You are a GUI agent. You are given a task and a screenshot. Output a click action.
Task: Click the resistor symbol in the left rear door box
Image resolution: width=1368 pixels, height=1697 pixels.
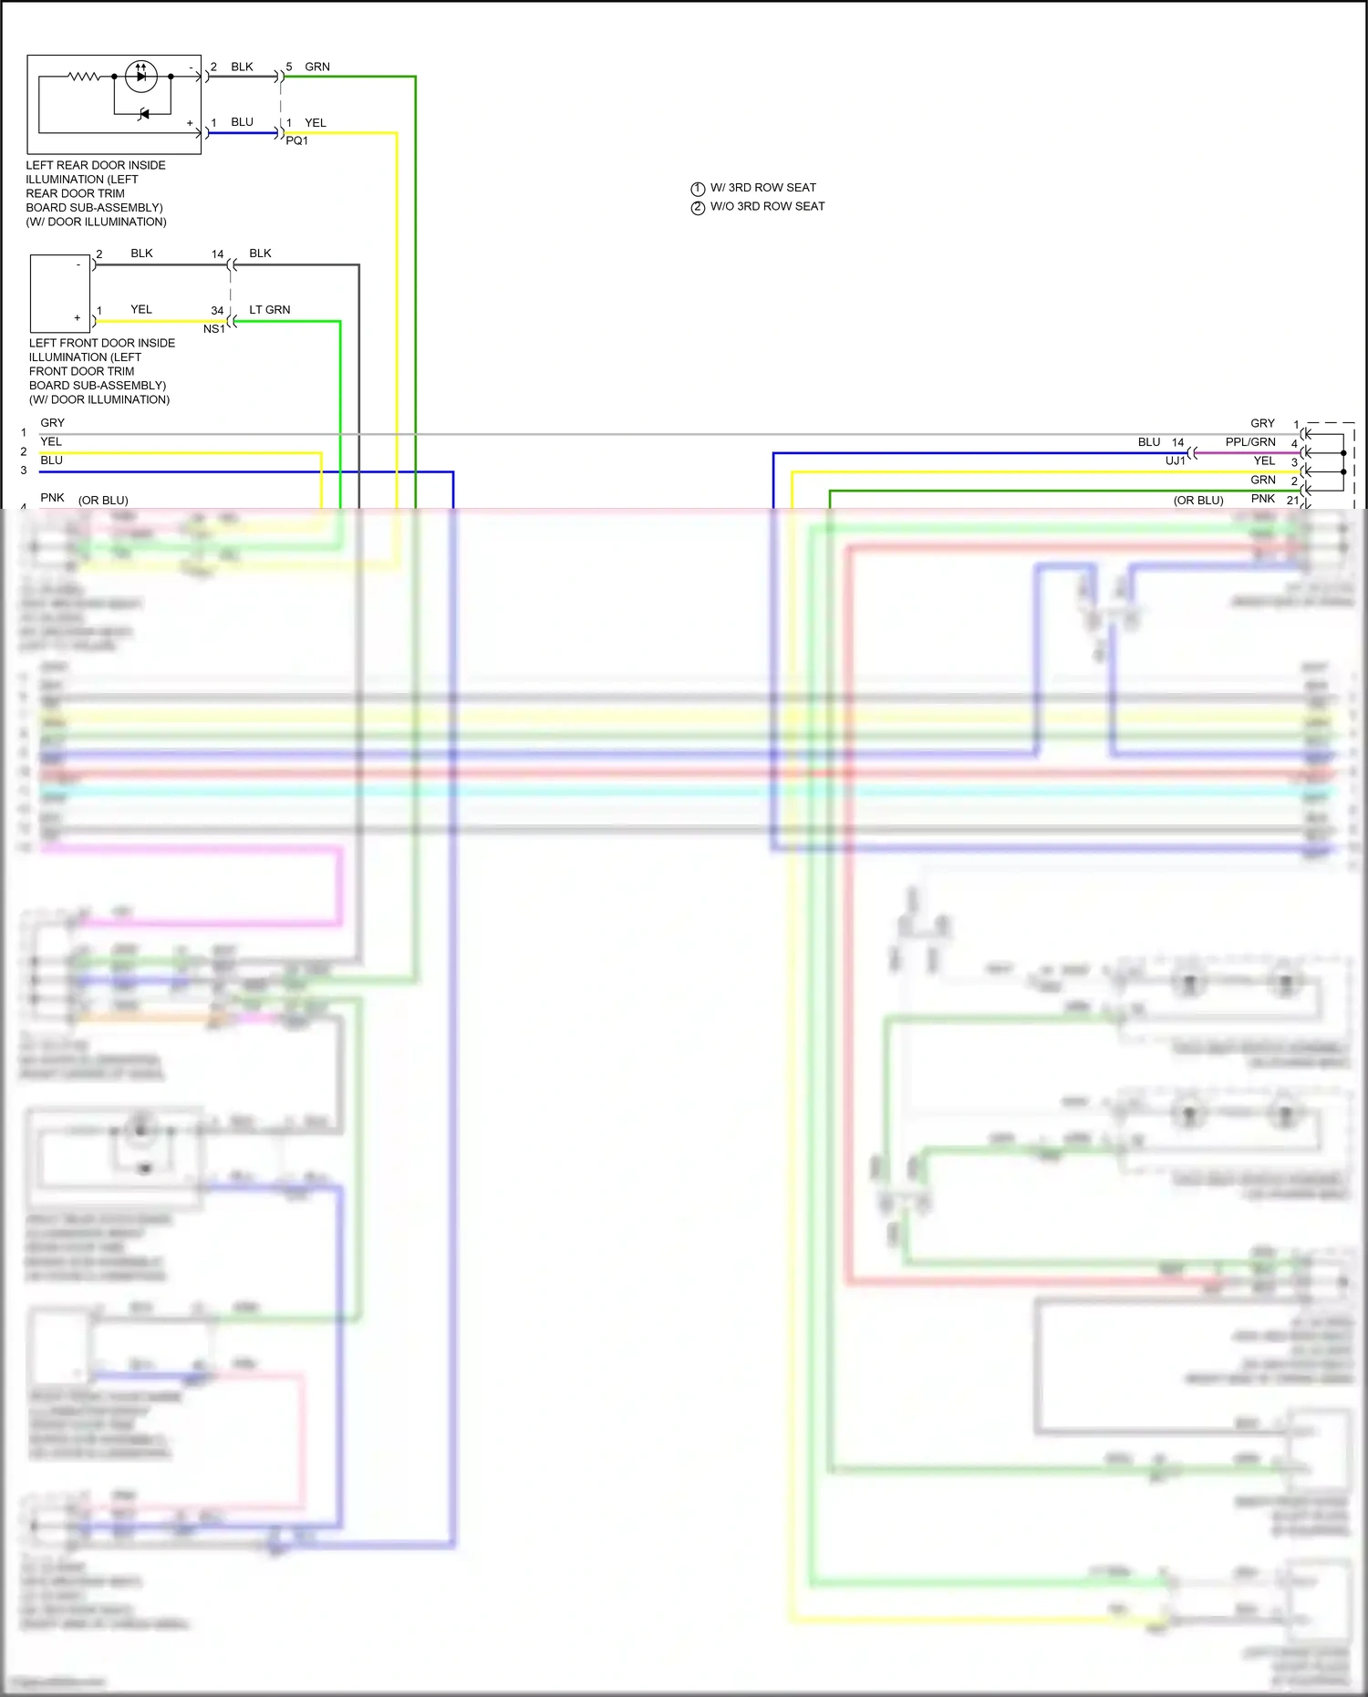84,77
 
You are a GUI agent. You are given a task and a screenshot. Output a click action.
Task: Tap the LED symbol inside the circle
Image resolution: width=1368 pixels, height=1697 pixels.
140,76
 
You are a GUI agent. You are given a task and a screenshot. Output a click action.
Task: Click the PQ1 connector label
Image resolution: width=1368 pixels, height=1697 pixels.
297,140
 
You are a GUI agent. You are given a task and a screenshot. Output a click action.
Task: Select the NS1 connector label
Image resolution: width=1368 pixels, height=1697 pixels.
214,329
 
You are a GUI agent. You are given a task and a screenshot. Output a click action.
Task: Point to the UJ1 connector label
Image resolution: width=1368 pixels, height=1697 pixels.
1176,460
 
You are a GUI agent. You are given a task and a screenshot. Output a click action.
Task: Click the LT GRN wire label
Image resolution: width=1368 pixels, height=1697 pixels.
270,310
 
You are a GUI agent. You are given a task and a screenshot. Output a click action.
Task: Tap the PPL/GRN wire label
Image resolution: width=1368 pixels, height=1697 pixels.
1250,442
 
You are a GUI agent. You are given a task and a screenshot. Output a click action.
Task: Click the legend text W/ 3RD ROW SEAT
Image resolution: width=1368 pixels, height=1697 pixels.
763,188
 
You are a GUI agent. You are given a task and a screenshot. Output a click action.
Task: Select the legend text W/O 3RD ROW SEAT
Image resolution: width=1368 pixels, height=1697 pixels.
767,206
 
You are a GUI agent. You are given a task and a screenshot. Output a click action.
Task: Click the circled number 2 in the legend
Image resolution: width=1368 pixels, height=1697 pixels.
698,208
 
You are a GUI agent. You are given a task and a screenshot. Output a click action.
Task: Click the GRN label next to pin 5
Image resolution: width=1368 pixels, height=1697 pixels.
317,67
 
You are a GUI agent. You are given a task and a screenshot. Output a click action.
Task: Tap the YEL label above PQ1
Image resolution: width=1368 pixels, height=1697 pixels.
316,122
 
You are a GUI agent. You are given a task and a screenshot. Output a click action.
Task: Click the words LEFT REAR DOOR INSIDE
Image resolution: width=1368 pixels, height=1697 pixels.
96,165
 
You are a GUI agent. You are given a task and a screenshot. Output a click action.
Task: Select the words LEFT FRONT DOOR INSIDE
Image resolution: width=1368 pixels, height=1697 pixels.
102,343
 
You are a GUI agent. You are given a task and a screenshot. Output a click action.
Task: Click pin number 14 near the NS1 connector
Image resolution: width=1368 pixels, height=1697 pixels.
217,254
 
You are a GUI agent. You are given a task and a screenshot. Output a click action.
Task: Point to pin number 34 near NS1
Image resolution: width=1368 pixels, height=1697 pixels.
217,311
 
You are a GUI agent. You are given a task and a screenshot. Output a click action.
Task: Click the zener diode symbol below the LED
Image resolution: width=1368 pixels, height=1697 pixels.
143,114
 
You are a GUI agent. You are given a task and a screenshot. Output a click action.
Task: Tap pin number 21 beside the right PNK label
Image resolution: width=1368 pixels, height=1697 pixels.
1292,501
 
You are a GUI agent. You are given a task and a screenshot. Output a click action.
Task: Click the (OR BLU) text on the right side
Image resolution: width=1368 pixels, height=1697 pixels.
1198,501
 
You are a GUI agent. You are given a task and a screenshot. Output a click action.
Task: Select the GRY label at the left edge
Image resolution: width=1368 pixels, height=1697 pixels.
53,423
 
